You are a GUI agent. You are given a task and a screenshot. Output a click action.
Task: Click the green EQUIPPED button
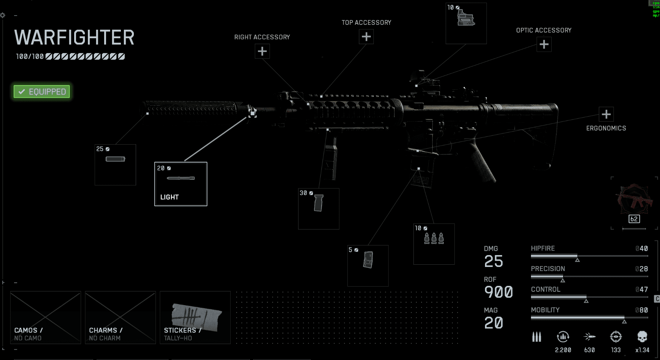pos(42,92)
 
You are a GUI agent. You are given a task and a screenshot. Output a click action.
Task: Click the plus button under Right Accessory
pos(262,51)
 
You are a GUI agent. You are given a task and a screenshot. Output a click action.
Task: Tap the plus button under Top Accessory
pos(366,37)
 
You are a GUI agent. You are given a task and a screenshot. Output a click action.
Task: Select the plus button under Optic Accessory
pos(544,44)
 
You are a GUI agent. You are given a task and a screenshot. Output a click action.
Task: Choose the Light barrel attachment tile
pos(181,184)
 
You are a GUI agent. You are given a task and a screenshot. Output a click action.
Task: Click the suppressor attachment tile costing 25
pos(115,165)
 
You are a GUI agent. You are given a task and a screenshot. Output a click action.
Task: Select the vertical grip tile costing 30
pos(319,208)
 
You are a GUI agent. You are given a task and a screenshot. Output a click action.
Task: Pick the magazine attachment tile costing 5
pos(368,265)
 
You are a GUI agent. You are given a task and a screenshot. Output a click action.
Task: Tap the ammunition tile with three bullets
pos(434,244)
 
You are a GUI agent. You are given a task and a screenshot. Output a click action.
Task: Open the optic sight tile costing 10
pos(466,23)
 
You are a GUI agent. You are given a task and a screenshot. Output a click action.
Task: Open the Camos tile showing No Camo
pos(46,317)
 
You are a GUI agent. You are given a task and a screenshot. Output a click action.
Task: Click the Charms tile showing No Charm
pos(120,317)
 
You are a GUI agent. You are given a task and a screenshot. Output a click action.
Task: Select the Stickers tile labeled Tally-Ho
pos(195,317)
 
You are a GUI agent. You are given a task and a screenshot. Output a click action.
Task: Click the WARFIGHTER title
pos(74,38)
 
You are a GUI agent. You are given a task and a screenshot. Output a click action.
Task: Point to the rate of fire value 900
pos(498,292)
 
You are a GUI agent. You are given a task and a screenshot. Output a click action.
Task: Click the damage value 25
pos(494,261)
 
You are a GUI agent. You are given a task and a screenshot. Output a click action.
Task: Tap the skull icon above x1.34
pos(642,337)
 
